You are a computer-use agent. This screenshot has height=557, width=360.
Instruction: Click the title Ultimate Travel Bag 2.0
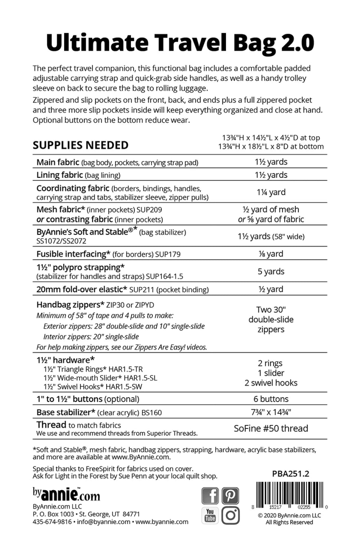tap(180, 43)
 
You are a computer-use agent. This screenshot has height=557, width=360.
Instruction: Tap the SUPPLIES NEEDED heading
tap(81, 145)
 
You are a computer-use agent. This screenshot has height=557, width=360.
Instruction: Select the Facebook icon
tap(210, 496)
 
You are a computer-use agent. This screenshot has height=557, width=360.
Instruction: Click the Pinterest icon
tap(230, 496)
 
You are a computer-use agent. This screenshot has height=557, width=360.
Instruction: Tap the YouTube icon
tap(210, 515)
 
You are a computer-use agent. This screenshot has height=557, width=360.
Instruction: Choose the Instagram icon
tap(230, 515)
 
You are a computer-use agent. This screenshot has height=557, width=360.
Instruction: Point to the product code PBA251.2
tap(290, 474)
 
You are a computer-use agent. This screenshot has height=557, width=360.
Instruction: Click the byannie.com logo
tap(66, 495)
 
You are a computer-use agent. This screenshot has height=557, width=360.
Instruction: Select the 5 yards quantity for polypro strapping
tap(271, 271)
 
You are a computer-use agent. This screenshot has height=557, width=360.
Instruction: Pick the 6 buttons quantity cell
tap(271, 399)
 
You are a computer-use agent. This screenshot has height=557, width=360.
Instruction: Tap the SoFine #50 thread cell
tap(271, 429)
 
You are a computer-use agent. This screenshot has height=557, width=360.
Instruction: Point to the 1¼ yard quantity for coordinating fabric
tap(271, 192)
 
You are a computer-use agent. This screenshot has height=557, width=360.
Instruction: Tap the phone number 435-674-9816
tap(52, 522)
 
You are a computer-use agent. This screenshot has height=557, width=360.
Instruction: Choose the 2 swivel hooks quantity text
tap(271, 383)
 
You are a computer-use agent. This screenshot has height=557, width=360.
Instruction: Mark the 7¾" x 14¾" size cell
tap(271, 412)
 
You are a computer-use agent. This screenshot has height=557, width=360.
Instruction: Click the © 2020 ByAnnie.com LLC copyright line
tap(289, 515)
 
